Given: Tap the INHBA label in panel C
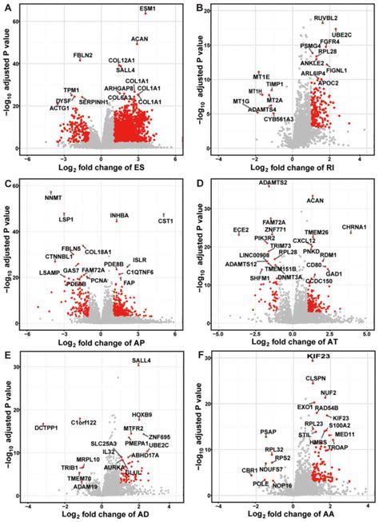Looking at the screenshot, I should (119, 216).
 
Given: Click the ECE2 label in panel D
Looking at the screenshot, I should (240, 230).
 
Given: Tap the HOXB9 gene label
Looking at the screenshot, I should (142, 415).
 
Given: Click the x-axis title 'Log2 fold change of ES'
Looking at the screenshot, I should (103, 168).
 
